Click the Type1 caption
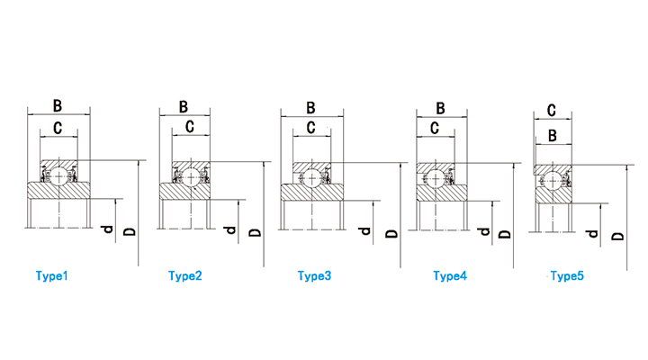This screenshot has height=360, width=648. pos(51,275)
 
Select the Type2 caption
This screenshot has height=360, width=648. pos(185,275)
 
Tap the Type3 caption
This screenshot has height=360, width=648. pos(314,275)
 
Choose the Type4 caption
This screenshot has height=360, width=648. pos(450,275)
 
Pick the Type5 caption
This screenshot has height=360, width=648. pos(567,275)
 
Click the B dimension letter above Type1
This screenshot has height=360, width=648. pos(58,106)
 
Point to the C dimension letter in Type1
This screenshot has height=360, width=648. pos(58,128)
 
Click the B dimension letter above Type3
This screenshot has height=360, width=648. pos(310,108)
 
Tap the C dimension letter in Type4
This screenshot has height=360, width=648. pos(435,128)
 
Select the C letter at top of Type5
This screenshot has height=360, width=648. pos(552,111)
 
